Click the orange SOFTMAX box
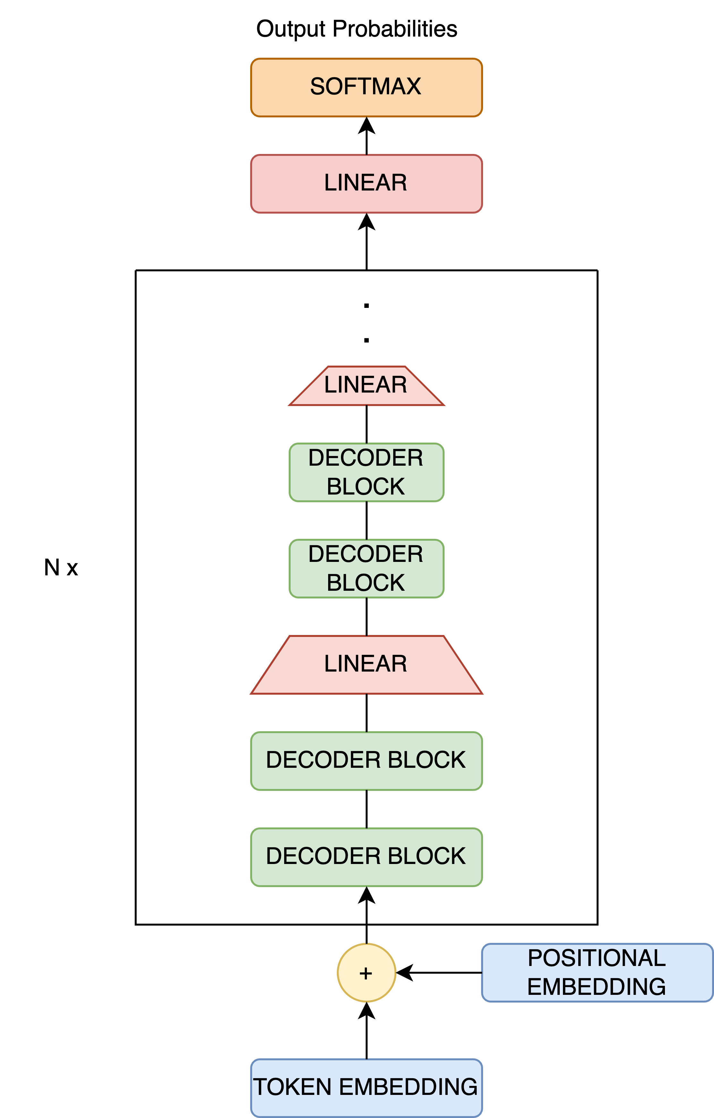(x=366, y=87)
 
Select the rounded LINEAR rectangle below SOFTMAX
(x=366, y=183)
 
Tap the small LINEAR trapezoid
(x=366, y=385)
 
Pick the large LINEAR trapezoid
(x=366, y=665)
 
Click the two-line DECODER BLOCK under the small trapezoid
(x=366, y=472)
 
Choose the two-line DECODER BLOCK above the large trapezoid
(x=366, y=568)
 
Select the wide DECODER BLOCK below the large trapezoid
(x=366, y=760)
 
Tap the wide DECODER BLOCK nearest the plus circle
(x=366, y=857)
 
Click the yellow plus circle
(x=366, y=972)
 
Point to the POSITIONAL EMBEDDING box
(x=597, y=972)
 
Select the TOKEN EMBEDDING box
(x=366, y=1087)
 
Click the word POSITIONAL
(x=597, y=958)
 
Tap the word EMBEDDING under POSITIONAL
(x=597, y=987)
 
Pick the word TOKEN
(x=293, y=1087)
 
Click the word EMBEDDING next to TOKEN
(x=409, y=1087)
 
